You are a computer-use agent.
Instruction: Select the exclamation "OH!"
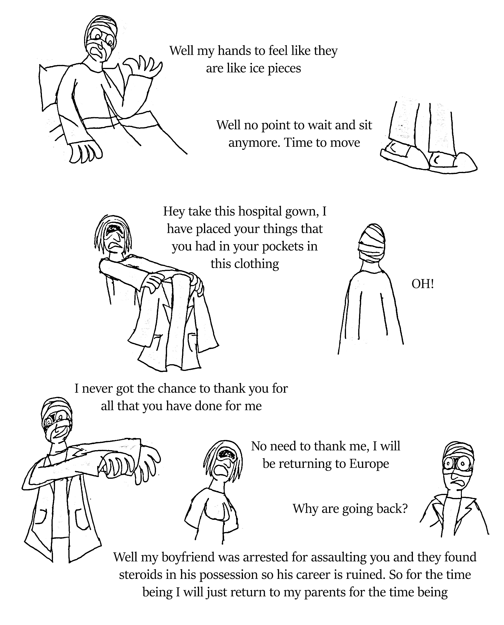(x=423, y=284)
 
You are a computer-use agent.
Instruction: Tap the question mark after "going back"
(x=404, y=509)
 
